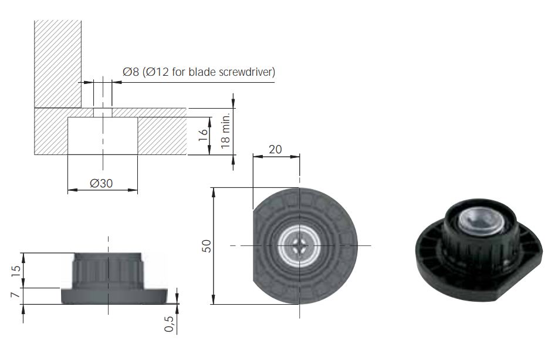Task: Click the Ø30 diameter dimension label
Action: tap(102, 183)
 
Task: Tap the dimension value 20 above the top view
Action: tap(275, 149)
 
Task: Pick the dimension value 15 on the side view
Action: tap(16, 271)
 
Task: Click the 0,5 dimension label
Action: tap(170, 324)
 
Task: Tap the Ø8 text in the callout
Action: tap(131, 72)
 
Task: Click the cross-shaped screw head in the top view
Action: tap(299, 245)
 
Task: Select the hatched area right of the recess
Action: tap(162, 136)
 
